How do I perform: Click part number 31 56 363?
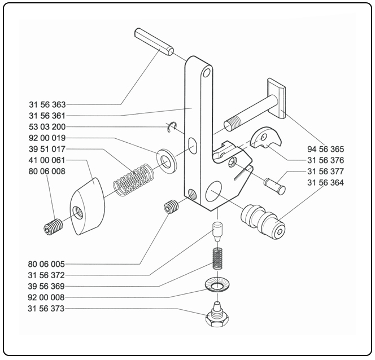[x=47, y=104]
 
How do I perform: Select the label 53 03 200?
[x=47, y=127]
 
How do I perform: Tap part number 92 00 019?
[x=47, y=138]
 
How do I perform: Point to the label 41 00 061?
[x=47, y=161]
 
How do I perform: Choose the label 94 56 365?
[x=325, y=149]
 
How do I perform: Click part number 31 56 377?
[x=325, y=172]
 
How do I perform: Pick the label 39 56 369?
[x=47, y=286]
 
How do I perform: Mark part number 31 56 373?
[x=47, y=309]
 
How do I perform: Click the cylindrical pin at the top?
[x=154, y=42]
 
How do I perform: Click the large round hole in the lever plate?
[x=214, y=192]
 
